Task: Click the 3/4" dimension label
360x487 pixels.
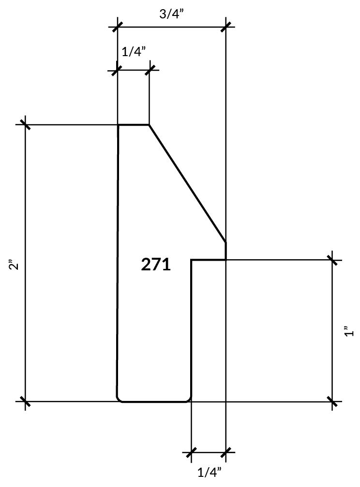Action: coord(171,13)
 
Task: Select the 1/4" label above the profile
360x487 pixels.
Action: coord(134,51)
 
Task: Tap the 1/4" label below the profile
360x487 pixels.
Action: coord(210,472)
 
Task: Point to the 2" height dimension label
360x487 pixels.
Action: coord(14,265)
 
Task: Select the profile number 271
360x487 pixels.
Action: coord(156,265)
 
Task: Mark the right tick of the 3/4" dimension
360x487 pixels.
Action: coord(226,27)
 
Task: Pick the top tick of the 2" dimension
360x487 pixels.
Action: coord(25,125)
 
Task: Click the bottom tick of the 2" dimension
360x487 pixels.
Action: coord(25,401)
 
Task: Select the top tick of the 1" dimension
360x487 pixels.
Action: coord(332,260)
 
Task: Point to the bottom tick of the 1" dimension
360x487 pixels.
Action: coord(332,401)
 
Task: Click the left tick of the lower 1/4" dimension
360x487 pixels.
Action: coord(192,453)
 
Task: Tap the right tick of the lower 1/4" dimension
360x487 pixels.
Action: coord(226,453)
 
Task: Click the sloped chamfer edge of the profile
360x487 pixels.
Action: coord(187,183)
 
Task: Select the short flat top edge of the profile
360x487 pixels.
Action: coord(134,125)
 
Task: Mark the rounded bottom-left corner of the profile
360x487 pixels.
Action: coord(119,399)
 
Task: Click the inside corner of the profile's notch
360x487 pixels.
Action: coord(192,260)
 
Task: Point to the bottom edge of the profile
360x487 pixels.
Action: coord(155,401)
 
